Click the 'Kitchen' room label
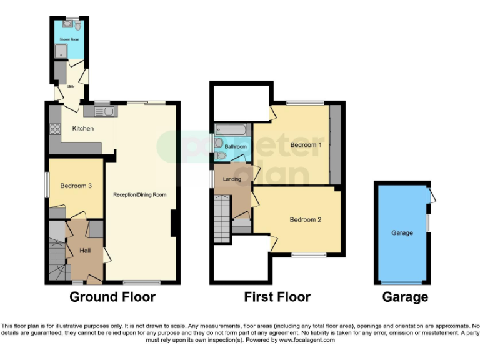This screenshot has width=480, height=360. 83,129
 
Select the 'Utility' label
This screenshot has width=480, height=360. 71,86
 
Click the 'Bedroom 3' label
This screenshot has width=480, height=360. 76,186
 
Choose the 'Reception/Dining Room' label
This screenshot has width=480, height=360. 139,195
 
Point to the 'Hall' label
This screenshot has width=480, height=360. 85,251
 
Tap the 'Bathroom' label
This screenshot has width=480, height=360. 236,147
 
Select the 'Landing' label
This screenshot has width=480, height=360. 232,179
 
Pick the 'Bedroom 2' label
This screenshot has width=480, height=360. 305,220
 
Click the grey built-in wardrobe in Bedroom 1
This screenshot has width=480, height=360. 336,144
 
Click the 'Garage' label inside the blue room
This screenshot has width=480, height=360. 402,233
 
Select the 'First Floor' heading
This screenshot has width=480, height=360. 277,297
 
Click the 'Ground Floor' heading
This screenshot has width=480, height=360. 112,297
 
